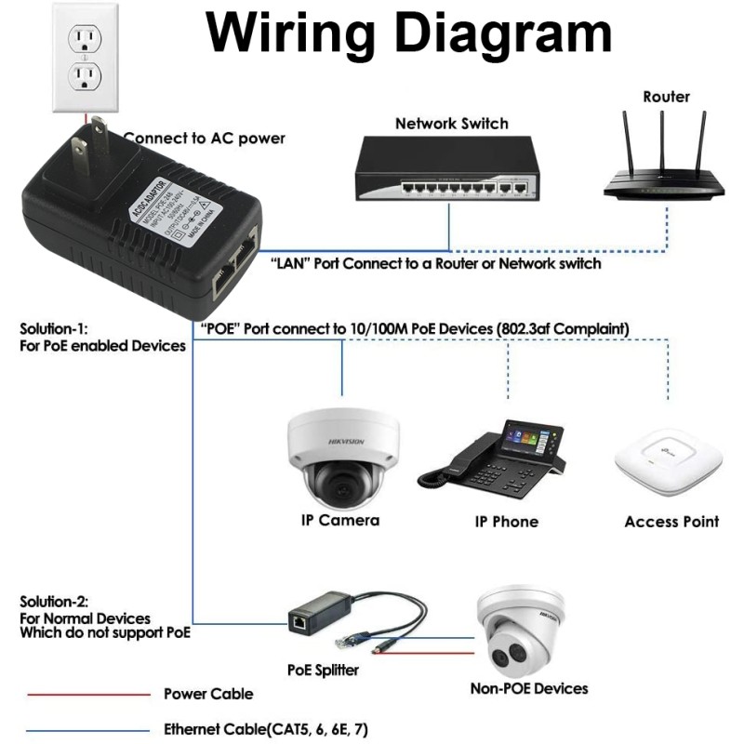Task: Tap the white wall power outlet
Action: coord(86,56)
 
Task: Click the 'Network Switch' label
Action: coord(451,124)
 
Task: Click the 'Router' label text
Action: coord(666,97)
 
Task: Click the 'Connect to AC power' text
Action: coord(204,139)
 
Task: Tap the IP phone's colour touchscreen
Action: coord(532,437)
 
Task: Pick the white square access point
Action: coord(669,462)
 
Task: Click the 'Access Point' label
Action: coord(671,522)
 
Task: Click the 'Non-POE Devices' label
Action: coord(528,688)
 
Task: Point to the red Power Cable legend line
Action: coord(88,694)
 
